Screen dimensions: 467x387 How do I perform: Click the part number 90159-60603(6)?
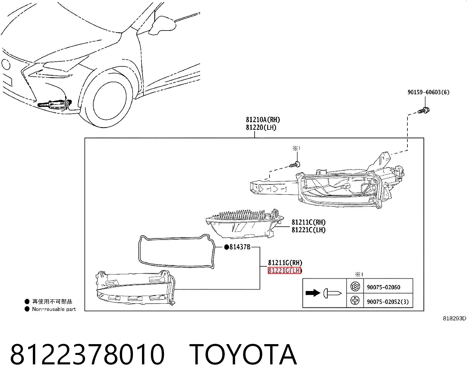[428, 92]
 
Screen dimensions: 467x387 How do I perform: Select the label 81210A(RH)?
[263, 120]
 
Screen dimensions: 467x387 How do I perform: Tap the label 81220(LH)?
[261, 127]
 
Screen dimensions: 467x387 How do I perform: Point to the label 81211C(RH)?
[308, 222]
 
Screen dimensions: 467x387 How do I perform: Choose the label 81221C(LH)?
[308, 230]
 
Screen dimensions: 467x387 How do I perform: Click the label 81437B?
[237, 247]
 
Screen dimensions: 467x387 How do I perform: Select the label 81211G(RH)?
[285, 263]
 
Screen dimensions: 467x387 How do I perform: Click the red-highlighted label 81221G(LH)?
[285, 270]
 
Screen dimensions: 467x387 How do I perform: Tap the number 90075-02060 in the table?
[383, 287]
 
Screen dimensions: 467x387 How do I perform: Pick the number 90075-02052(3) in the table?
[388, 302]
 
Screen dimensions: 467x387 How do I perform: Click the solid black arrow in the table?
[313, 293]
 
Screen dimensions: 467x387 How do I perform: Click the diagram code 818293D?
[454, 318]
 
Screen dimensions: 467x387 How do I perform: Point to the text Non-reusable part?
[54, 309]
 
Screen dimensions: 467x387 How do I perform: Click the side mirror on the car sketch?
[161, 25]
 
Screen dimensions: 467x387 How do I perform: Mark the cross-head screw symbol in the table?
[355, 300]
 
